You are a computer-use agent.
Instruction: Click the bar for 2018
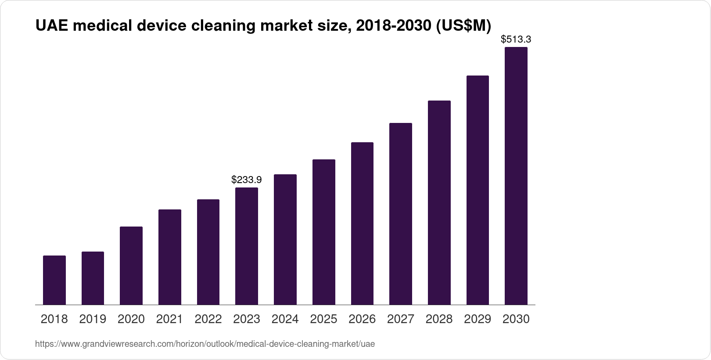[54, 280]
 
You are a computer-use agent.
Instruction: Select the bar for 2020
[131, 266]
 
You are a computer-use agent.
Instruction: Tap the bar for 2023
[247, 246]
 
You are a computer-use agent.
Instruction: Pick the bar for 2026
[362, 223]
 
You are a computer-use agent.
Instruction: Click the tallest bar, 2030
[516, 176]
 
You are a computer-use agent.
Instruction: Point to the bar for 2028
[439, 202]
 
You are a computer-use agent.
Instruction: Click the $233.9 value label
[247, 180]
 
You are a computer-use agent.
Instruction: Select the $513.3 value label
[516, 40]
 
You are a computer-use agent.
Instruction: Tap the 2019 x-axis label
[93, 319]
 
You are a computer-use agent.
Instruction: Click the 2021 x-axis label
[169, 319]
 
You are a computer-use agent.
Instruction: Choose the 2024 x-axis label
[285, 319]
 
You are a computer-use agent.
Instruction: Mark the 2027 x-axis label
[400, 319]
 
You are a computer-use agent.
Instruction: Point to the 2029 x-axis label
[478, 319]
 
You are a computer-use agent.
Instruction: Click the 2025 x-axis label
[323, 319]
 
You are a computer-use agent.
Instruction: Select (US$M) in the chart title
[463, 26]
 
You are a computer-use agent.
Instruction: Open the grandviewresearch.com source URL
[205, 344]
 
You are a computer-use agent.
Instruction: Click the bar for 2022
[208, 252]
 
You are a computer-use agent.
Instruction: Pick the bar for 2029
[478, 190]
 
